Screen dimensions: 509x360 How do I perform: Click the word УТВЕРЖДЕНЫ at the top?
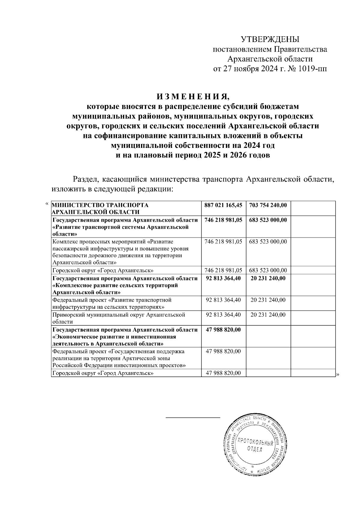click(x=270, y=39)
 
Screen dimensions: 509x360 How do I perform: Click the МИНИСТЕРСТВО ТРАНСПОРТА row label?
click(x=100, y=208)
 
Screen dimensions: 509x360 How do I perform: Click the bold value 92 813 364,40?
click(x=223, y=278)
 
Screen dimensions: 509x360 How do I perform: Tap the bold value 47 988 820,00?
click(x=223, y=330)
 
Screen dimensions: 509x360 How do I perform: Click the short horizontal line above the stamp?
click(x=193, y=417)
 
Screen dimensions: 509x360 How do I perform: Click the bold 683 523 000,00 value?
click(x=268, y=220)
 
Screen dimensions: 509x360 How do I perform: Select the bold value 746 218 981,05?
click(x=223, y=220)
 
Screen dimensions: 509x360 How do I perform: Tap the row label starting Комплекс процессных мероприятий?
click(x=120, y=252)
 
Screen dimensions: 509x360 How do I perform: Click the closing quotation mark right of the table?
click(x=337, y=374)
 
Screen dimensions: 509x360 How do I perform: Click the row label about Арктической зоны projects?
click(x=119, y=358)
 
